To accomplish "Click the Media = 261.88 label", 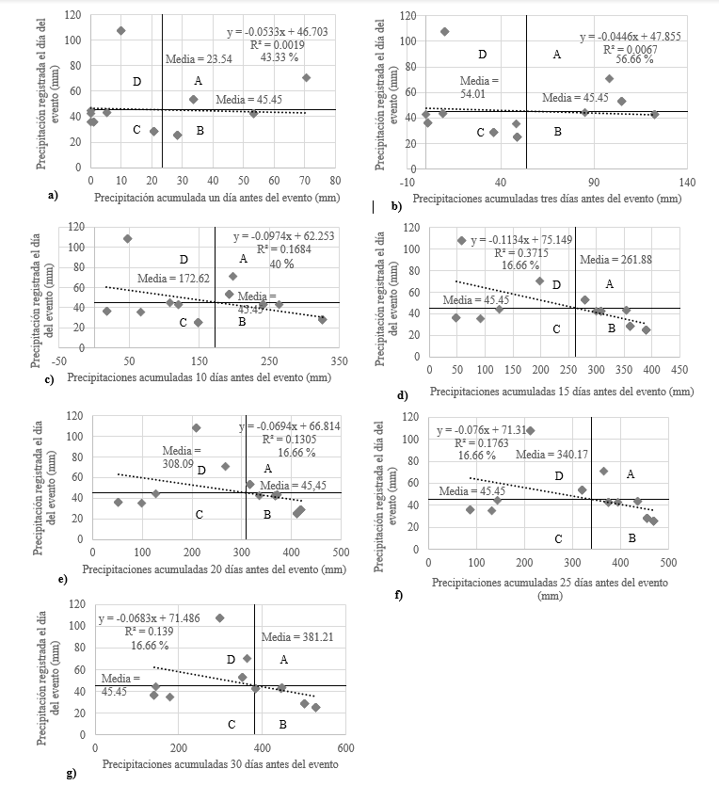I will pos(615,260).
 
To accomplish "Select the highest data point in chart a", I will pos(120,30).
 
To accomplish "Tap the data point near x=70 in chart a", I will pos(306,77).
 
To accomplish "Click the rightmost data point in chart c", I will pos(322,320).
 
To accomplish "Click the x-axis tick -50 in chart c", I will pos(58,361).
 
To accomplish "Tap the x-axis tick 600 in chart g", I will pos(344,748).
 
